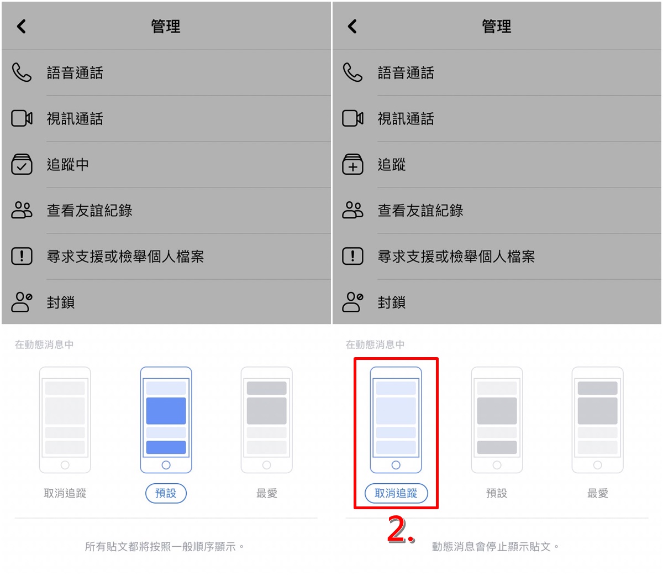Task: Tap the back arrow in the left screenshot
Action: tap(21, 27)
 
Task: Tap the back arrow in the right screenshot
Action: tap(352, 27)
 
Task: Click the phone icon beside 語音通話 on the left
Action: tap(22, 72)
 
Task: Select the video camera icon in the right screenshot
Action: tap(352, 118)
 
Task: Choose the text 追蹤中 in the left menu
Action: tap(67, 164)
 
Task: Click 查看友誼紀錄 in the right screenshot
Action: tap(420, 210)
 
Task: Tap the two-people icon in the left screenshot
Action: tap(22, 210)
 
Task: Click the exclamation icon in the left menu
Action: tap(22, 256)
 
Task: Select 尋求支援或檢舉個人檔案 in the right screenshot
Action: tap(456, 256)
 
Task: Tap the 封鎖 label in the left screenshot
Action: tap(61, 302)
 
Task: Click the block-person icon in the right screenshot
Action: tap(352, 302)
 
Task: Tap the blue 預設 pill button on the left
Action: tap(166, 493)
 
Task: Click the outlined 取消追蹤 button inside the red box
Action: tap(396, 493)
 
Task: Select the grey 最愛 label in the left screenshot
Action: tap(266, 493)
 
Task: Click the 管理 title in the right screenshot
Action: tap(497, 27)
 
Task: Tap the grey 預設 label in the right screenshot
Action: tap(497, 493)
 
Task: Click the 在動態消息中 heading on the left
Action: tap(44, 344)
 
